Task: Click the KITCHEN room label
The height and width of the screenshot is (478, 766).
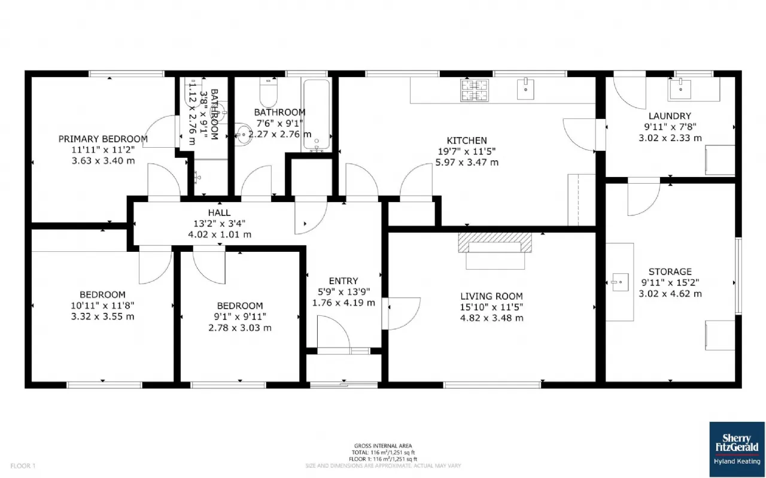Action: coord(467,141)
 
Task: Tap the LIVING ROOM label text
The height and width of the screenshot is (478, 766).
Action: coord(491,296)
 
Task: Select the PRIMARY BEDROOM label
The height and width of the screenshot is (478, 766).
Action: coord(103,139)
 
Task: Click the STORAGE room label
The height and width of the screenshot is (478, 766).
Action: coord(670,272)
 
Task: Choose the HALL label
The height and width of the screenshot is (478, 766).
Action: coord(219,212)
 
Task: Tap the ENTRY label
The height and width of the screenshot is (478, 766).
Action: coord(344,281)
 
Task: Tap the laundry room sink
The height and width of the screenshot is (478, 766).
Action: coord(680,89)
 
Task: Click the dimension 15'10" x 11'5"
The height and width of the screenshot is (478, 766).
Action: coord(491,307)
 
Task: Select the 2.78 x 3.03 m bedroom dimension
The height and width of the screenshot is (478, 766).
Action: coord(240,328)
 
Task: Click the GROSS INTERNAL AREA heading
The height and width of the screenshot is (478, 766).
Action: coord(383,446)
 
